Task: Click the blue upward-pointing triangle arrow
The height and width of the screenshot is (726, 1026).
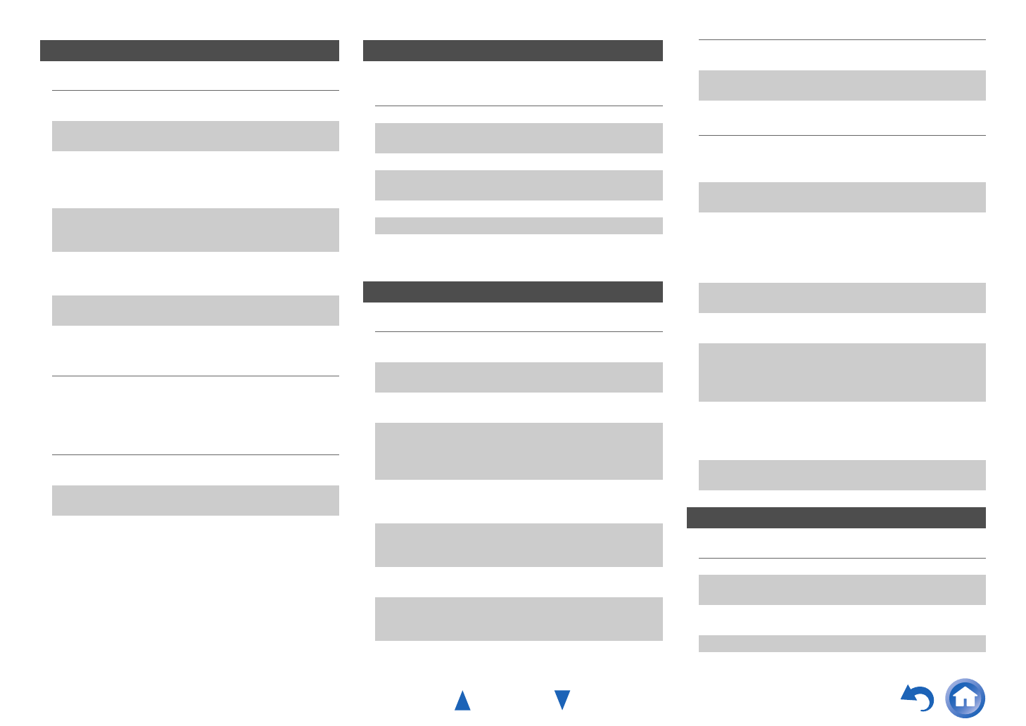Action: pos(462,701)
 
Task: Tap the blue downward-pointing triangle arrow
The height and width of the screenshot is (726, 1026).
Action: pos(562,699)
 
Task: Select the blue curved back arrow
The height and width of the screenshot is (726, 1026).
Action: pos(918,698)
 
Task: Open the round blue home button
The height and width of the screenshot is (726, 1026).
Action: pos(965,698)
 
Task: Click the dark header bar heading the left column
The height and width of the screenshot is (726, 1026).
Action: pos(189,51)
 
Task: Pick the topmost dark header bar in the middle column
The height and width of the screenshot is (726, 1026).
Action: pos(512,51)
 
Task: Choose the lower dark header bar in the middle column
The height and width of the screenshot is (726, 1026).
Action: pos(512,292)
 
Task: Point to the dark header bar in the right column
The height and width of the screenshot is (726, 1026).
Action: pos(836,518)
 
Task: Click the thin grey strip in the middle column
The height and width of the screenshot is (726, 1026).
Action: pos(519,225)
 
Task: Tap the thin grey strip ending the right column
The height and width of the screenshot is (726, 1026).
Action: pos(842,644)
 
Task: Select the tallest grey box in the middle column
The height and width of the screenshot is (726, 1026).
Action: pos(519,451)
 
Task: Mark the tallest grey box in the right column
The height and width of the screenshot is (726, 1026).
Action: pos(842,372)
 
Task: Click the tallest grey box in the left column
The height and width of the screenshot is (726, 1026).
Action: pos(195,230)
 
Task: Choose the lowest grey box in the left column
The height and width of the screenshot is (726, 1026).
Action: pos(195,500)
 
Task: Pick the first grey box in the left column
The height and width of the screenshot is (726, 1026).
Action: pos(195,136)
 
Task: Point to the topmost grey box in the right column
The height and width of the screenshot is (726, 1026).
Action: pos(842,85)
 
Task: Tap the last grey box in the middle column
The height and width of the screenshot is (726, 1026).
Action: pos(519,619)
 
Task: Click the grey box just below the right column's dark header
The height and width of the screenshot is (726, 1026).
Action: pos(842,590)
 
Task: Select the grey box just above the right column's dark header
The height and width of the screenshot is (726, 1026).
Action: pos(842,475)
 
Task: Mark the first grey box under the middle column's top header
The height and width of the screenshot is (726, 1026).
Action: pos(519,138)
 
